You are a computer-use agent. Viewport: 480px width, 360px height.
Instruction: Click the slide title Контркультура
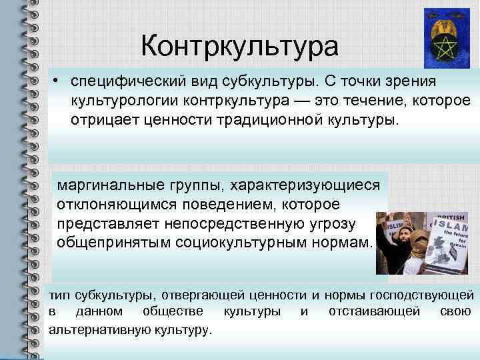[x=240, y=47]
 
